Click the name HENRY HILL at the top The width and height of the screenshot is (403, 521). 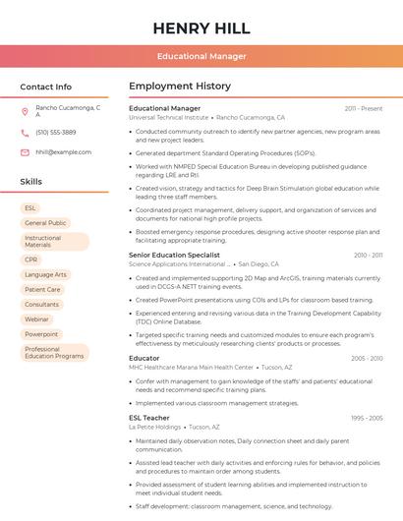pos(201,27)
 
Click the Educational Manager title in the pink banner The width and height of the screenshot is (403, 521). pos(201,56)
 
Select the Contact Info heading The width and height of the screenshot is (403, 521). pos(46,87)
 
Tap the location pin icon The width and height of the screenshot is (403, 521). pos(25,112)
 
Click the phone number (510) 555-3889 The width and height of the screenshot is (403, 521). pos(56,132)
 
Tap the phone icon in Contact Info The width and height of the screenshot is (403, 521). pos(25,132)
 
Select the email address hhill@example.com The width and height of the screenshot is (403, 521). pos(57,152)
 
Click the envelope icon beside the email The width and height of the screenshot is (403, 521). pos(25,152)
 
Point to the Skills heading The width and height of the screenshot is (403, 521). pos(31,182)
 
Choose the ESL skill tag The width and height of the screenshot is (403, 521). pos(30,208)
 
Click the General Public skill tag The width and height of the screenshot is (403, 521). pos(45,223)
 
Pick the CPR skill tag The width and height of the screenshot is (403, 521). pos(31,260)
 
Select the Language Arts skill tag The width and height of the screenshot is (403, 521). pos(45,274)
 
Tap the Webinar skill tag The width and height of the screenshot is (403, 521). pos(36,319)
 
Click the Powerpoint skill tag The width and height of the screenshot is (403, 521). pos(41,334)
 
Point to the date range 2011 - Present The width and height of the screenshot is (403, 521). pos(364,108)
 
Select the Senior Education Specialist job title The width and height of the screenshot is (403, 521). pos(174,255)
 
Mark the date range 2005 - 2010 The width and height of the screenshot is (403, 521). pos(367,358)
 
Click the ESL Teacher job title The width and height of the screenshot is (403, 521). pos(148,418)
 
